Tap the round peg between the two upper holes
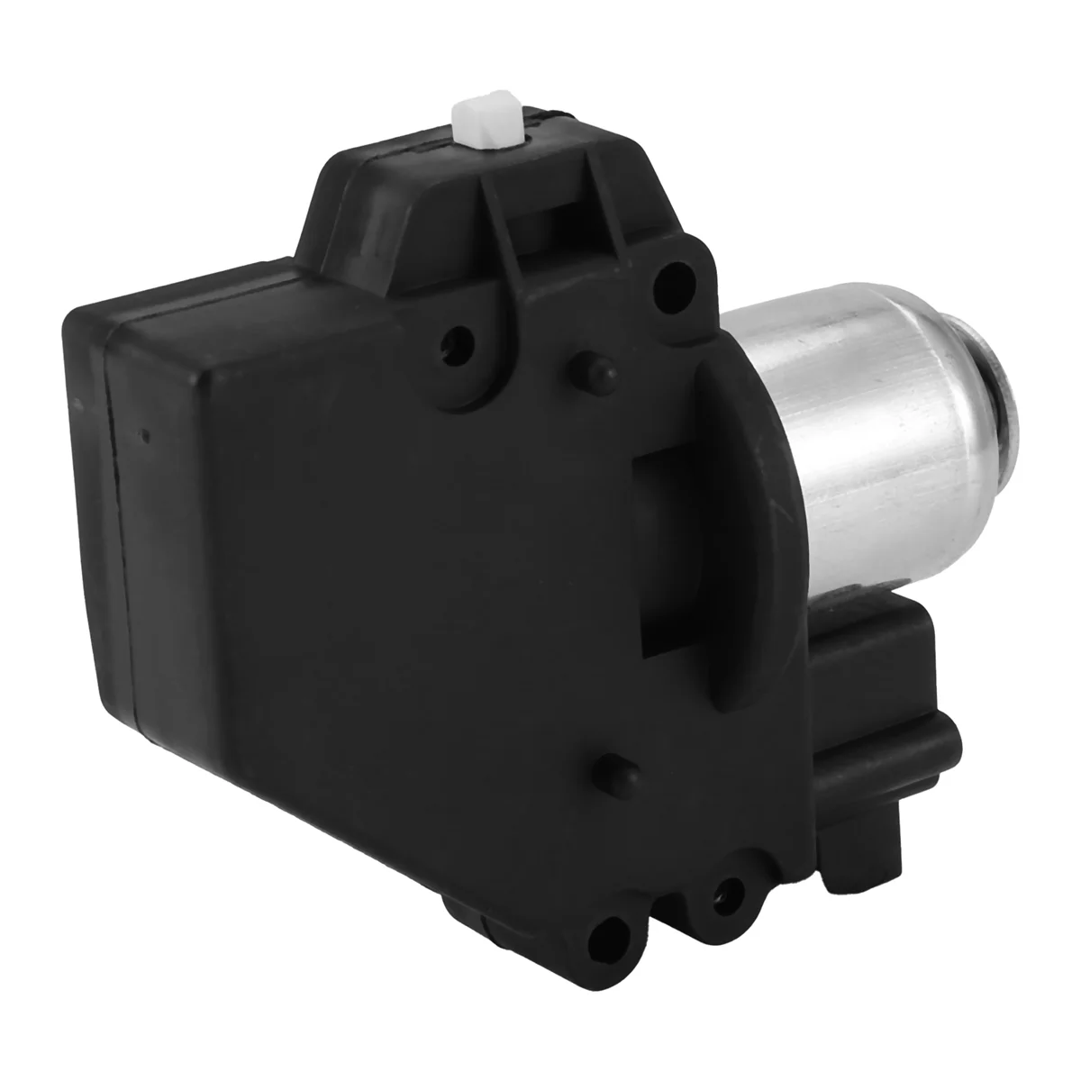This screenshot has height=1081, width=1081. pyautogui.click(x=584, y=365)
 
